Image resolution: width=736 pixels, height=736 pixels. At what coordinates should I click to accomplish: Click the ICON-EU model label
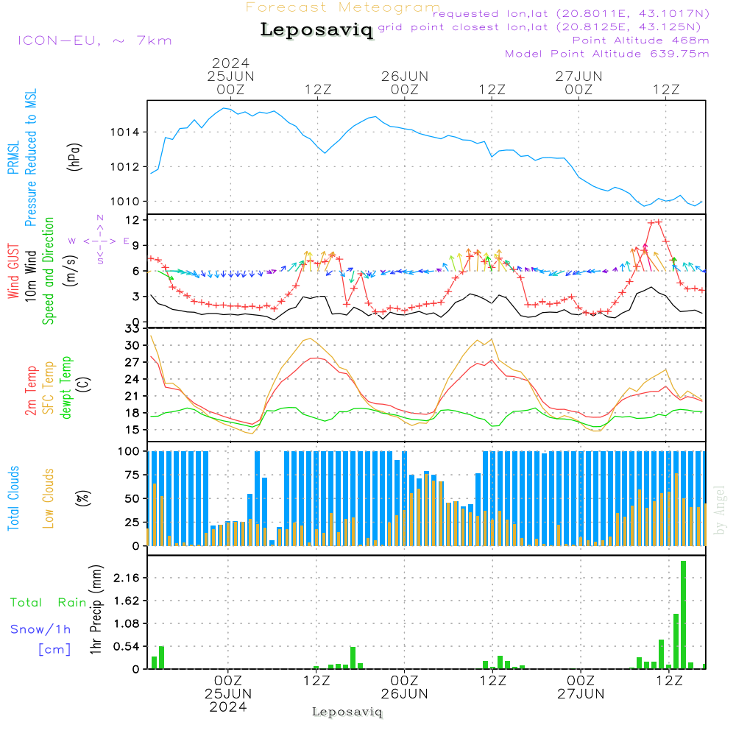click(94, 40)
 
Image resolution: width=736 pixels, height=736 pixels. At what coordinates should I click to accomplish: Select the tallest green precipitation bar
click(684, 615)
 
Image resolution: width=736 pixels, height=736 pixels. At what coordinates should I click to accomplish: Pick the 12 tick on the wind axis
click(132, 220)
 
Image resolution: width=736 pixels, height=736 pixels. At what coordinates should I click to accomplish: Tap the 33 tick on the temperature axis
click(132, 328)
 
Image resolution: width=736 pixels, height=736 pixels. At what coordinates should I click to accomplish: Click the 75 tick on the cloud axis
click(132, 475)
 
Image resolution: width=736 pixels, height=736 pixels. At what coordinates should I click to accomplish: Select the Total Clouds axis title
click(14, 498)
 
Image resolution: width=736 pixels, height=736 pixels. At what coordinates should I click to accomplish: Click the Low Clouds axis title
click(49, 498)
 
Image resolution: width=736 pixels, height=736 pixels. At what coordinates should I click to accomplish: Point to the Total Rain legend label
click(49, 602)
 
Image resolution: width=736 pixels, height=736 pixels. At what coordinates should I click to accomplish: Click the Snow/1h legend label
click(41, 629)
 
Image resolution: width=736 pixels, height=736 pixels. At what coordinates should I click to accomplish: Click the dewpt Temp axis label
click(66, 388)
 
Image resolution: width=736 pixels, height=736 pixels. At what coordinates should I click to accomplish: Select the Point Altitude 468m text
click(640, 40)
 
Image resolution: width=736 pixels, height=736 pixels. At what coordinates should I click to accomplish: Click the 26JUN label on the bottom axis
click(404, 693)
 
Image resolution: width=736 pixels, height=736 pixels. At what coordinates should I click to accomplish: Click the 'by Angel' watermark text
click(721, 510)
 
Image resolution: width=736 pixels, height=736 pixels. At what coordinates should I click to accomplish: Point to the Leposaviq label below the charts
click(347, 712)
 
